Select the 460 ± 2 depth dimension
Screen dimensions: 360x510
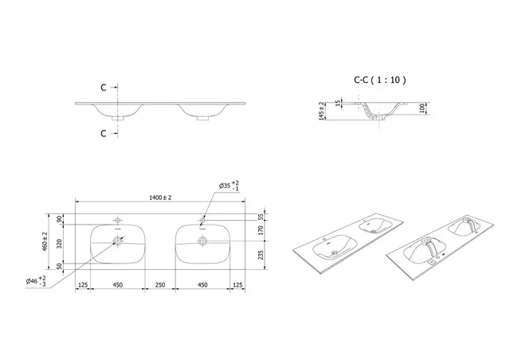point(46,241)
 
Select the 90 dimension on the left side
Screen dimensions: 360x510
point(59,218)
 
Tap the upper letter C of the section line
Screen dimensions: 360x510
point(104,88)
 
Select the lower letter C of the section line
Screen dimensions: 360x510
point(104,133)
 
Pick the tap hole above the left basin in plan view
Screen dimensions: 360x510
point(119,218)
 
